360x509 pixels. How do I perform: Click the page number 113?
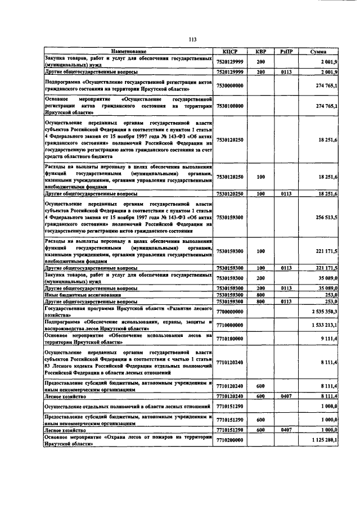coord(192,39)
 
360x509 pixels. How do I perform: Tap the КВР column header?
coord(260,52)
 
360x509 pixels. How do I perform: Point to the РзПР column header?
coord(288,52)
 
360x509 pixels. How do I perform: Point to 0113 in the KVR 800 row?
coord(288,301)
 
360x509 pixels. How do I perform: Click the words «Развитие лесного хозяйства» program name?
coord(169,310)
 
